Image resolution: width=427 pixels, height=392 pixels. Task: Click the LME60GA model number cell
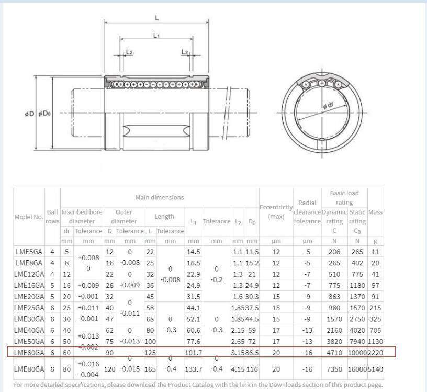click(x=29, y=353)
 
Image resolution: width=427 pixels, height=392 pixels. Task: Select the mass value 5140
click(x=375, y=369)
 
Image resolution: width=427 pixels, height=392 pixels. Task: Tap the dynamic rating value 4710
click(x=334, y=353)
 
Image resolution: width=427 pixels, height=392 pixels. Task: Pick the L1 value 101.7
click(x=193, y=353)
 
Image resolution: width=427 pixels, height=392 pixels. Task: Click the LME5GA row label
click(x=29, y=252)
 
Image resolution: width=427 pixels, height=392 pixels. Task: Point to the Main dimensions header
click(x=160, y=197)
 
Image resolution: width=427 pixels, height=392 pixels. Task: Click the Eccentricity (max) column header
click(x=276, y=211)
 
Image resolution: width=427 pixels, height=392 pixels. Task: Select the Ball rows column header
click(x=52, y=217)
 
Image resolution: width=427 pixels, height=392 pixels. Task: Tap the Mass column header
click(x=375, y=212)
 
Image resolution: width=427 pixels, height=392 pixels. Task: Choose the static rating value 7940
click(x=357, y=341)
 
